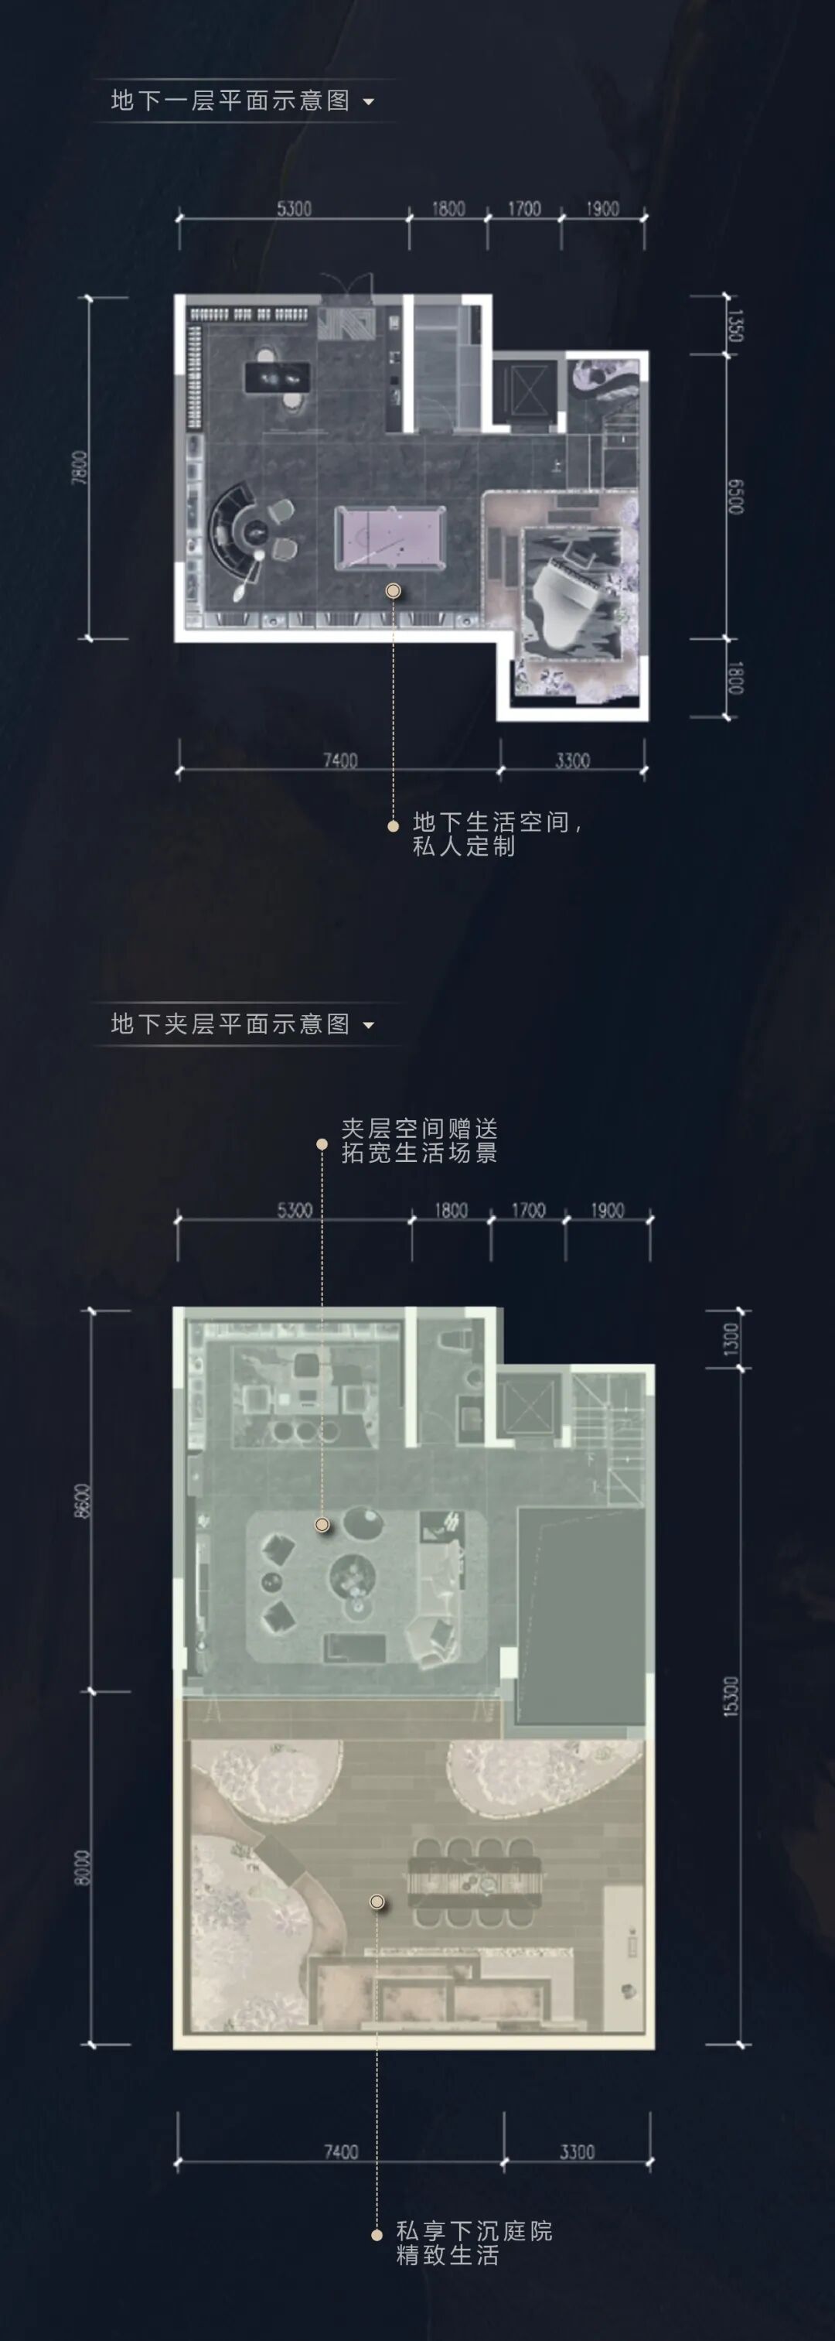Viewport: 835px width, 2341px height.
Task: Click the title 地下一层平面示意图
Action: [230, 101]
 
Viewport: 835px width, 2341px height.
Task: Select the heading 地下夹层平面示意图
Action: [230, 1024]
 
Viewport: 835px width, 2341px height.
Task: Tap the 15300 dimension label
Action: [732, 1696]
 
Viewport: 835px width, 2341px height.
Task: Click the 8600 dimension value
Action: [83, 1500]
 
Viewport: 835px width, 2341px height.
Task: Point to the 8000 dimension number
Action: [83, 1868]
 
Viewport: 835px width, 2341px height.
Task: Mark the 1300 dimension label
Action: [731, 1338]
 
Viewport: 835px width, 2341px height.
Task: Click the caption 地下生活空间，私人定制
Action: [496, 833]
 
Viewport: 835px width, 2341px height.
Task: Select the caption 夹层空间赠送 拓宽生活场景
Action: [419, 1140]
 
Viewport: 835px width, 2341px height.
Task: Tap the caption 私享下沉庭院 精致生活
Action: [473, 2243]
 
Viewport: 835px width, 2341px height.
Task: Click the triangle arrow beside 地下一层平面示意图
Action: [369, 102]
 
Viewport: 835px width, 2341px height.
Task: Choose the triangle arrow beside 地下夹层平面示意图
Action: [369, 1025]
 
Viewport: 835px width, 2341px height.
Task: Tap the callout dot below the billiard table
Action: [394, 591]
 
